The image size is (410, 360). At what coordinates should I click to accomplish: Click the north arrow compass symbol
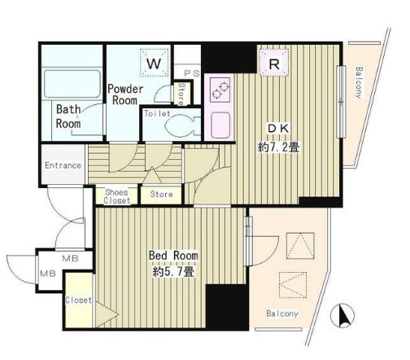pos(342,315)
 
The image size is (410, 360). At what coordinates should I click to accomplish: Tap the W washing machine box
pos(155,63)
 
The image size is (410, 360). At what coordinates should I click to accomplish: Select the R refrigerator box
pos(274,64)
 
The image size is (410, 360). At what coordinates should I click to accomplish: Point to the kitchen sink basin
pos(220,125)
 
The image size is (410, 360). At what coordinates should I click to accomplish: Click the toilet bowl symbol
pos(181,125)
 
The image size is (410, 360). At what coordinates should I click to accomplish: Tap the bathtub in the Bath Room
pos(72,84)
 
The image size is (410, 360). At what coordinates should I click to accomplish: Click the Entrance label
pos(63,165)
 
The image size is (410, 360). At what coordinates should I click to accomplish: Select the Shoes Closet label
pos(117,196)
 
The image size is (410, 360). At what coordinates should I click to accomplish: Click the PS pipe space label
pos(192,73)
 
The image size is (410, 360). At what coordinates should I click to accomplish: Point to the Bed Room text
pos(173,256)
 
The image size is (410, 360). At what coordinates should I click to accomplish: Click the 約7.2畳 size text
pos(279,147)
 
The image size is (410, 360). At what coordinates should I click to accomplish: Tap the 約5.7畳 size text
pos(173,271)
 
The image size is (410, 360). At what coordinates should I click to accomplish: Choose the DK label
pos(278,129)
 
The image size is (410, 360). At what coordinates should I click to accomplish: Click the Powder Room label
pos(125,94)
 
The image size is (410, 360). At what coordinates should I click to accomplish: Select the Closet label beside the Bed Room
pos(78,300)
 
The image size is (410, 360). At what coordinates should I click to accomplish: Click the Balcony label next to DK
pos(359,82)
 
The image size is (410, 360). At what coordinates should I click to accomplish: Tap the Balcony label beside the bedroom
pos(282,314)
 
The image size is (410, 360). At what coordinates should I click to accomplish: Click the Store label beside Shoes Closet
pos(161,194)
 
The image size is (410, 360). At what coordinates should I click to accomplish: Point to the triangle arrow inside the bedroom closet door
pos(107,315)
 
